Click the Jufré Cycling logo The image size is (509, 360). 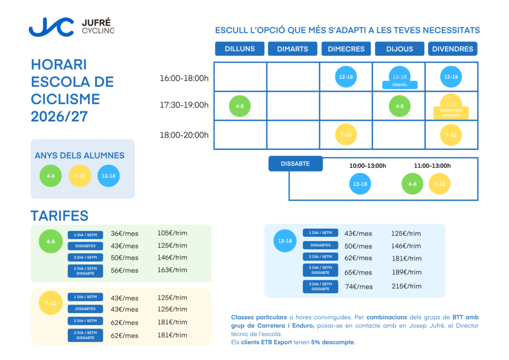[x=72, y=27]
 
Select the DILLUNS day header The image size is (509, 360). [x=240, y=49]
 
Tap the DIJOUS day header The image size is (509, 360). [x=400, y=49]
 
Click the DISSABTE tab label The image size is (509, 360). [x=295, y=164]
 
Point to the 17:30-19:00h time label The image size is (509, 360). [x=184, y=105]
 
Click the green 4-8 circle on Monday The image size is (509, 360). [x=240, y=106]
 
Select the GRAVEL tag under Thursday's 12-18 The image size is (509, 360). [x=400, y=85]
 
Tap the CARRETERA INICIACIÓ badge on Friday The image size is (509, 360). [x=451, y=113]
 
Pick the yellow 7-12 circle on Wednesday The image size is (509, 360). [x=346, y=134]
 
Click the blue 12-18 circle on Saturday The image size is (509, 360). [x=360, y=184]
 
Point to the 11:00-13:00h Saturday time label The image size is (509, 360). [x=432, y=166]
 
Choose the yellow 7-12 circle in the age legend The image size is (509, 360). [x=80, y=176]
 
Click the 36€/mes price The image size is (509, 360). [x=124, y=233]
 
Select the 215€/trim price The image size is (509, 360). [x=407, y=286]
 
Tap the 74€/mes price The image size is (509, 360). [x=358, y=286]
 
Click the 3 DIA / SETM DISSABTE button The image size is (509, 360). [x=321, y=286]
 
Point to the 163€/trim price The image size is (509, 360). [x=172, y=270]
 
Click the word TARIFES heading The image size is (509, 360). [x=60, y=216]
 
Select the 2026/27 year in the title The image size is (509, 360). [x=59, y=116]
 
